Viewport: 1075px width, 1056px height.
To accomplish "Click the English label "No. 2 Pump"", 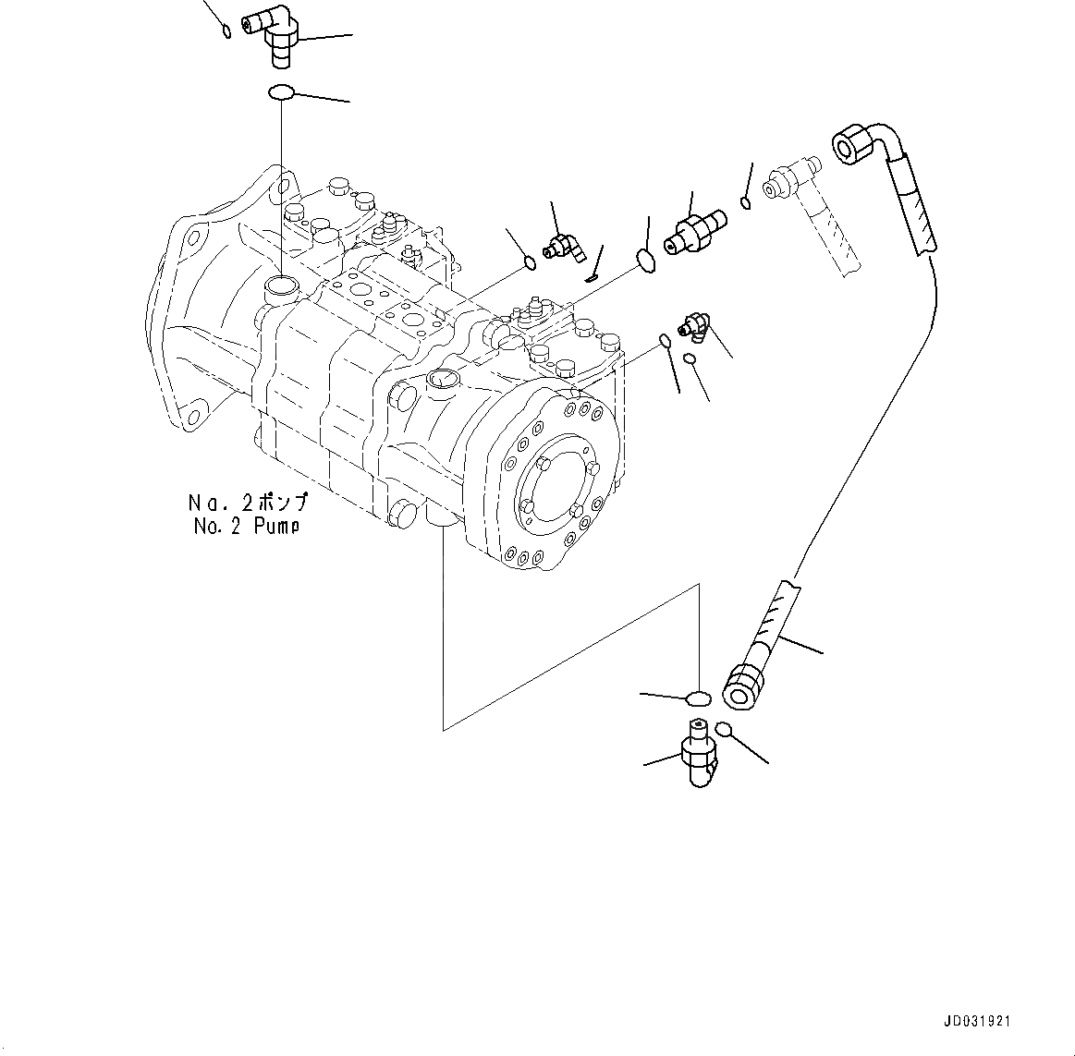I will [247, 527].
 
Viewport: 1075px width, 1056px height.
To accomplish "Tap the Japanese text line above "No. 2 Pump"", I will [247, 504].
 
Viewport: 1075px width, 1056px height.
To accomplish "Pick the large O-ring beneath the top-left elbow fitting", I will [281, 92].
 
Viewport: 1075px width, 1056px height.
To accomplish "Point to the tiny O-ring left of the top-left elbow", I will [227, 32].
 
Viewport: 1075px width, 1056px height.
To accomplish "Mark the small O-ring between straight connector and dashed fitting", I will [745, 202].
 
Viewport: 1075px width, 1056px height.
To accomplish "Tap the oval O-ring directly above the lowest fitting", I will [700, 697].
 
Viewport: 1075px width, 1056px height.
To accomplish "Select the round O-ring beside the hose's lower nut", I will [724, 729].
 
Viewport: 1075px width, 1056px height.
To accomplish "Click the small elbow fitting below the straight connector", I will [693, 325].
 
